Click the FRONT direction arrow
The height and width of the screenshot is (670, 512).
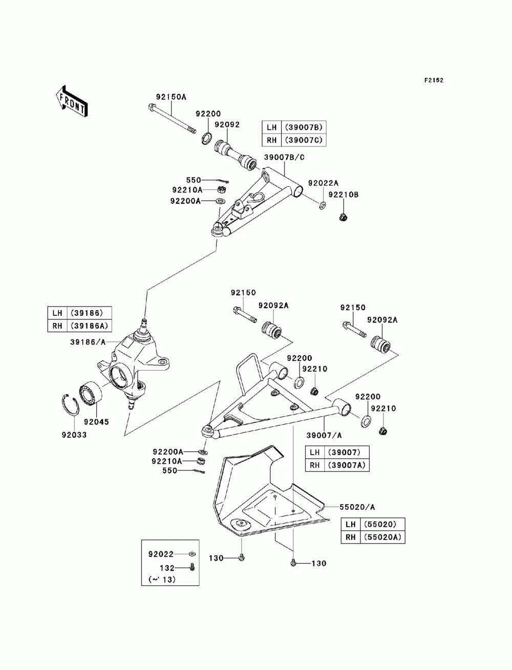pos(72,101)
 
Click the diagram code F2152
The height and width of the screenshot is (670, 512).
pos(434,80)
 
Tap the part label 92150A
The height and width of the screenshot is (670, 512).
pos(171,97)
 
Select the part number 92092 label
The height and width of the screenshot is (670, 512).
pos(227,124)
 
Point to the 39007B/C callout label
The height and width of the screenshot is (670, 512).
pos(284,158)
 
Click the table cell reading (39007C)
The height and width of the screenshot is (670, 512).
pos(304,140)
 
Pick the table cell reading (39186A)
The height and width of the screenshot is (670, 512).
pos(89,326)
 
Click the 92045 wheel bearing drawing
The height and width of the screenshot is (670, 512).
pos(91,396)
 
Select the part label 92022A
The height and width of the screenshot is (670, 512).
pos(323,183)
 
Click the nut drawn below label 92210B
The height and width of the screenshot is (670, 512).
pos(343,217)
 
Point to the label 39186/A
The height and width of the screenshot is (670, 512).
pos(88,342)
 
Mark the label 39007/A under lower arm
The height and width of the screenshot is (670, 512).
pos(324,436)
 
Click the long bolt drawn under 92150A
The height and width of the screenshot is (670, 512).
pos(172,119)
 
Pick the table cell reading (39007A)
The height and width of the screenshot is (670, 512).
pos(347,465)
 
